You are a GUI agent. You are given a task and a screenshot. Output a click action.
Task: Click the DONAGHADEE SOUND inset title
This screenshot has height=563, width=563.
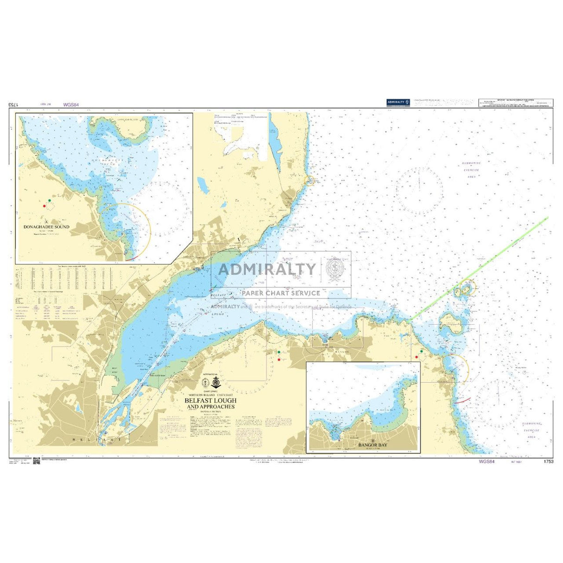point(47,227)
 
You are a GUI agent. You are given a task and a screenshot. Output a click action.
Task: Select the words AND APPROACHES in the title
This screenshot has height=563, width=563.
point(211,407)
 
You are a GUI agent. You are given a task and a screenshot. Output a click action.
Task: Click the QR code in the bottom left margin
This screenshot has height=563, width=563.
point(35,461)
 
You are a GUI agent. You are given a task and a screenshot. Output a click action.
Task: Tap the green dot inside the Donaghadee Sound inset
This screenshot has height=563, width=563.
point(50,200)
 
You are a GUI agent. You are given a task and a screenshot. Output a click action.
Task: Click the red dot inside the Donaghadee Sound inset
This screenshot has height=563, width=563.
point(45,205)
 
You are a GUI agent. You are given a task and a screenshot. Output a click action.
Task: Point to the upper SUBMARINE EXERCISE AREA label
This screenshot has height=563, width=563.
point(472,170)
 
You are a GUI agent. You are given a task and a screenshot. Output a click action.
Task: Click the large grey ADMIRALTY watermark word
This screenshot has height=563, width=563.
point(267,269)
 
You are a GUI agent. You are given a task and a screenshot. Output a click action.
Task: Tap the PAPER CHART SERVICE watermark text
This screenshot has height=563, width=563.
point(281,293)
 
